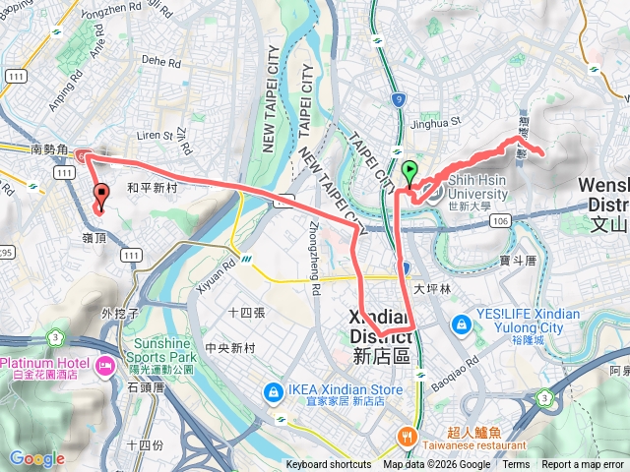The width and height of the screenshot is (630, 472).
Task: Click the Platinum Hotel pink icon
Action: coord(104,365)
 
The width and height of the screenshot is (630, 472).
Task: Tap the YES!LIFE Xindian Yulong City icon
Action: coord(461,324)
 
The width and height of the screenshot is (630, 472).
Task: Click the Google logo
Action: coord(36,458)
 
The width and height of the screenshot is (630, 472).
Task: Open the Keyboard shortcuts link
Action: coord(328,465)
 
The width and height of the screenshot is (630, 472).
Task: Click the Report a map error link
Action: coord(583,465)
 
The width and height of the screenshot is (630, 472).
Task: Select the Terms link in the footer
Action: coord(516,465)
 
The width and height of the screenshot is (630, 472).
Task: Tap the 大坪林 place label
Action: coord(431,289)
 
